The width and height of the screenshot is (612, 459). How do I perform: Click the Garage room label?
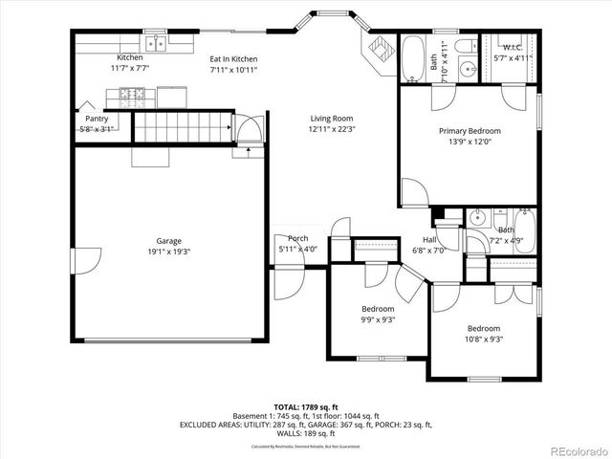(x=169, y=241)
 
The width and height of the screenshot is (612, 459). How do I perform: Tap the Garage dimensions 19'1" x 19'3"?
(x=169, y=251)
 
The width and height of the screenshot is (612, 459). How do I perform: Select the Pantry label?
(x=96, y=119)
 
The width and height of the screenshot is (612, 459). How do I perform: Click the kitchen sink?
(x=156, y=43)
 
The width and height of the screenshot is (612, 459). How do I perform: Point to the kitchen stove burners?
(x=131, y=94)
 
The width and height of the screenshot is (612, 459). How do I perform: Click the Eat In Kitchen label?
(x=234, y=59)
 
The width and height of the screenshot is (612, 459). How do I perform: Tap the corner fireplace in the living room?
(x=377, y=50)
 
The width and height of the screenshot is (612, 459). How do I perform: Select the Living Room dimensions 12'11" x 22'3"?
(x=330, y=129)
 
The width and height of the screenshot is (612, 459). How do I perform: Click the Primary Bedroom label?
(x=470, y=131)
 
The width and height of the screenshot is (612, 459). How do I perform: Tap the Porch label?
(x=297, y=239)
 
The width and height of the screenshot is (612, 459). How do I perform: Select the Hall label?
(x=430, y=240)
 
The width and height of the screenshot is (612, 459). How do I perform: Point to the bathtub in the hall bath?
(x=525, y=229)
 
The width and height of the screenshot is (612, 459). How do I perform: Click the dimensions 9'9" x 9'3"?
(x=378, y=319)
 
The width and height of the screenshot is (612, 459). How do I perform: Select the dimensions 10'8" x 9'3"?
(x=484, y=338)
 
